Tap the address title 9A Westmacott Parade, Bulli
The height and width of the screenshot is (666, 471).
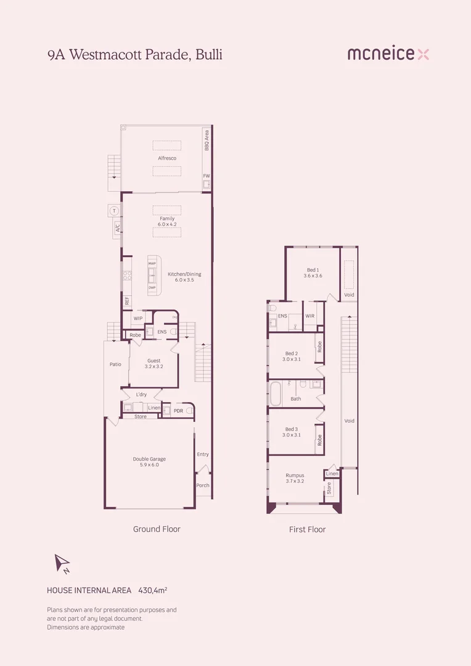click(x=134, y=54)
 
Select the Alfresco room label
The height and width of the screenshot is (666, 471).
click(x=167, y=158)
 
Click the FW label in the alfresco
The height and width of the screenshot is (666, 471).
click(x=207, y=176)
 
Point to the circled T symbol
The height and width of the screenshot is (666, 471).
click(x=114, y=211)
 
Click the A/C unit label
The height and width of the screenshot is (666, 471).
click(x=115, y=228)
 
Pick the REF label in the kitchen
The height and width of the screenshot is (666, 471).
click(x=127, y=301)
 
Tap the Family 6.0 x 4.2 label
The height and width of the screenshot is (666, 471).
click(x=167, y=221)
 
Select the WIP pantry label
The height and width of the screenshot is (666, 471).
click(x=137, y=318)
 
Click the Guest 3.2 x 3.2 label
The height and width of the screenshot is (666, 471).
click(x=154, y=364)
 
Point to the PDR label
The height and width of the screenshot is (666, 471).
click(x=178, y=411)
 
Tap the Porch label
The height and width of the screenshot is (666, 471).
click(x=202, y=485)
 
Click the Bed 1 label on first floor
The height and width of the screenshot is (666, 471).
click(x=313, y=273)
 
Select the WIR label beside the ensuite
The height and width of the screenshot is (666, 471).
click(x=310, y=316)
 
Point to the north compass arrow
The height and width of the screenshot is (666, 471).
click(x=62, y=563)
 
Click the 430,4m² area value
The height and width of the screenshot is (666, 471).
click(x=153, y=590)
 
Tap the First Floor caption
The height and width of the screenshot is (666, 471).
click(x=307, y=529)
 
